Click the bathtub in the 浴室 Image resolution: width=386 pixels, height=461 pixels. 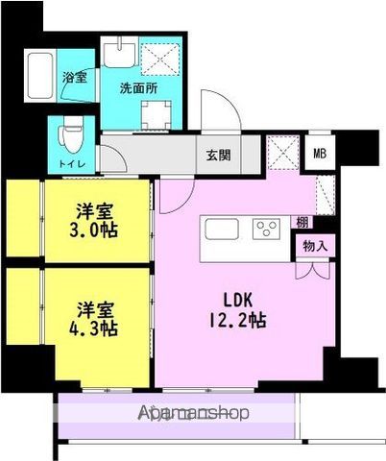point(40,76)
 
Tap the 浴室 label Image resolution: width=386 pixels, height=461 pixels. point(75,77)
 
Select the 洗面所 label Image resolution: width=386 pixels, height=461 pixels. point(138,88)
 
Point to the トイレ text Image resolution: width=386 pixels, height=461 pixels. point(72,164)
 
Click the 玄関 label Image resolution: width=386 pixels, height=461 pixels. point(218,156)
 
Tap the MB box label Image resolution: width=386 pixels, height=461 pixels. point(320,154)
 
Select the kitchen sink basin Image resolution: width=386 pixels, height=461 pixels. point(222,229)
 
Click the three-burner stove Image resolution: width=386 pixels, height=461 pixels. point(266,229)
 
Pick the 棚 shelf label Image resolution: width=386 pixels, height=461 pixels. point(302,222)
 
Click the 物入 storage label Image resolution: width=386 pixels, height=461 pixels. point(315,246)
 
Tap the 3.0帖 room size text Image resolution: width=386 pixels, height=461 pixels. point(94,230)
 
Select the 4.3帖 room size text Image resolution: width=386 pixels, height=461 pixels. point(94,328)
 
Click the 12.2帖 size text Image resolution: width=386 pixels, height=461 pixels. point(238,320)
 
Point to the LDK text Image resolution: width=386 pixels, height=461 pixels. point(238,300)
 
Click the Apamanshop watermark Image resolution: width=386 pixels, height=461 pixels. point(193,413)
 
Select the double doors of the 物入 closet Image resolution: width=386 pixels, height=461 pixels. point(312,271)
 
